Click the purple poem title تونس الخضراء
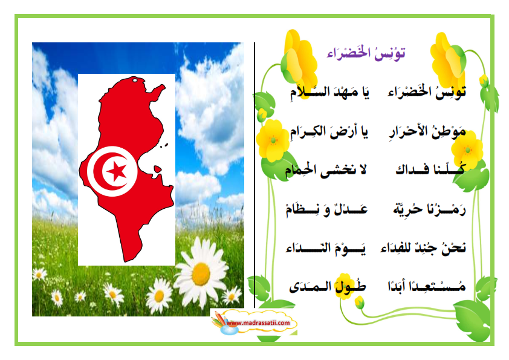(x=366, y=54)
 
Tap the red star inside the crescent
(x=117, y=171)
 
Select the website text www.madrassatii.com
(x=258, y=323)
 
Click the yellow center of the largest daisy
(x=201, y=274)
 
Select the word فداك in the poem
(x=412, y=169)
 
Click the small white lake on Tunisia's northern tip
(x=134, y=80)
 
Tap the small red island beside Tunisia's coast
(x=157, y=169)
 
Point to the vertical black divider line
(x=254, y=175)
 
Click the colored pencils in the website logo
(x=218, y=319)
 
